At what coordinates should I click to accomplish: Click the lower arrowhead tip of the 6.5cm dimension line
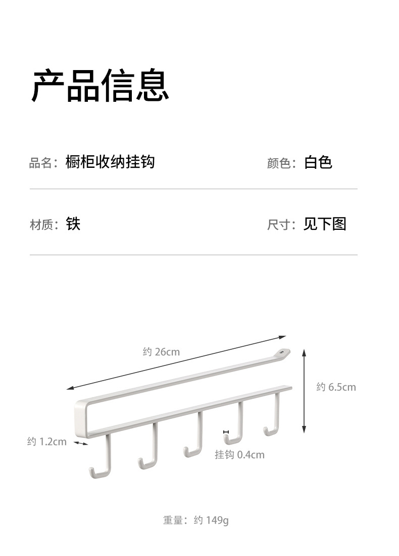tap(304, 433)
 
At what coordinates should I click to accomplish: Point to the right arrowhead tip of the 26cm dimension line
tap(286, 336)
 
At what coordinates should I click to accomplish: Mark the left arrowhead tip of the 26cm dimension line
tap(67, 389)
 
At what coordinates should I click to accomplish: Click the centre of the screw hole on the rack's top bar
tap(282, 352)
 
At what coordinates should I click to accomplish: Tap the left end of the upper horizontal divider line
tap(30, 189)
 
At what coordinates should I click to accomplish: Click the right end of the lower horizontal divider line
tap(358, 255)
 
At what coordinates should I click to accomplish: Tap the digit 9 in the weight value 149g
tap(218, 520)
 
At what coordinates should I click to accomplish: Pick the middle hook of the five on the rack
tap(193, 434)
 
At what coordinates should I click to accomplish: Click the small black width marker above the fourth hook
tap(226, 432)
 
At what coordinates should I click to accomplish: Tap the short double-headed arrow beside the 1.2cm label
tap(81, 443)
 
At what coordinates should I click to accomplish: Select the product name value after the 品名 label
tap(110, 162)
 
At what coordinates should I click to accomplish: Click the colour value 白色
tap(318, 162)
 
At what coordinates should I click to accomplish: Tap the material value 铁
tap(73, 224)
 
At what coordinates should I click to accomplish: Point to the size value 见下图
tap(325, 224)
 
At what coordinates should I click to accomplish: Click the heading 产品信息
tap(101, 86)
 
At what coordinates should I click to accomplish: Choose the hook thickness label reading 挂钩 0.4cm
tap(239, 455)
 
